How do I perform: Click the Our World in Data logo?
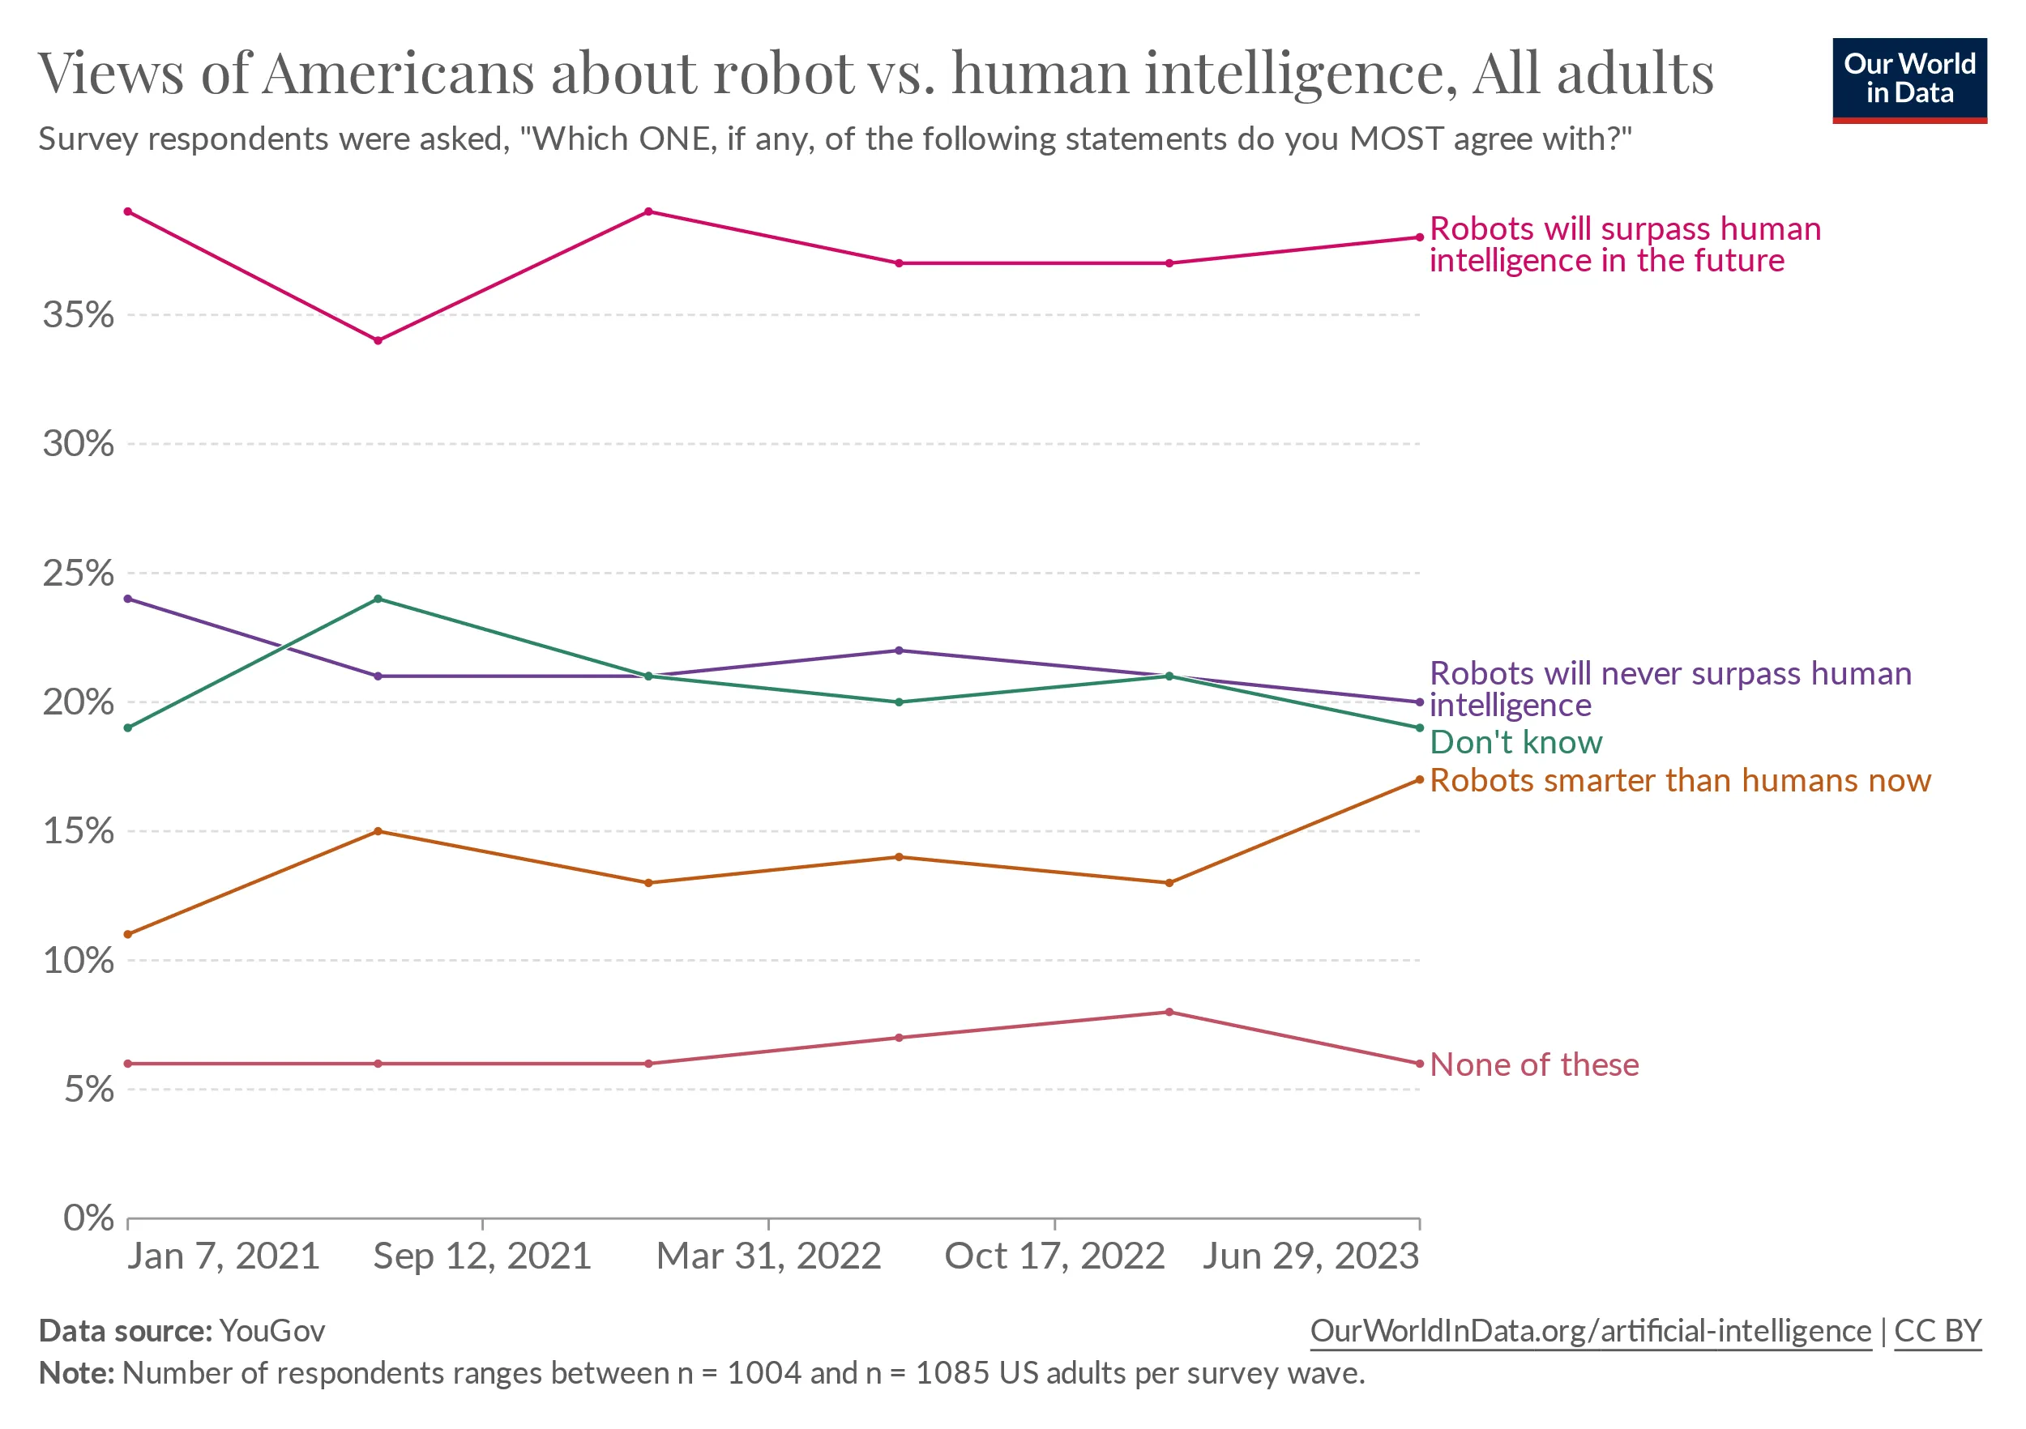coord(1908,80)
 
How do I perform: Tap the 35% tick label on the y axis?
coord(79,315)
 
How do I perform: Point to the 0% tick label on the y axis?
coord(88,1218)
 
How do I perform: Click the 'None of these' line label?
coord(1533,1064)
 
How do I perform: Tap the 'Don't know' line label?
coord(1515,742)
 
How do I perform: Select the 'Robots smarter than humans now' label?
coord(1680,781)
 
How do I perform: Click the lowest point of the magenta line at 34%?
coord(378,340)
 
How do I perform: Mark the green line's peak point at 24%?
coord(378,599)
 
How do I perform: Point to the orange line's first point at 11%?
coord(128,934)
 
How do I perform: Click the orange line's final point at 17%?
coord(1420,780)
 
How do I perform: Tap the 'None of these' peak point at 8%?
coord(1169,1012)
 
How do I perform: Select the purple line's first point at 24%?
coord(128,599)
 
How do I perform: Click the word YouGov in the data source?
coord(271,1331)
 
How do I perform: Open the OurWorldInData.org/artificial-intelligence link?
coord(1590,1331)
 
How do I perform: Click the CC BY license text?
coord(1938,1331)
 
